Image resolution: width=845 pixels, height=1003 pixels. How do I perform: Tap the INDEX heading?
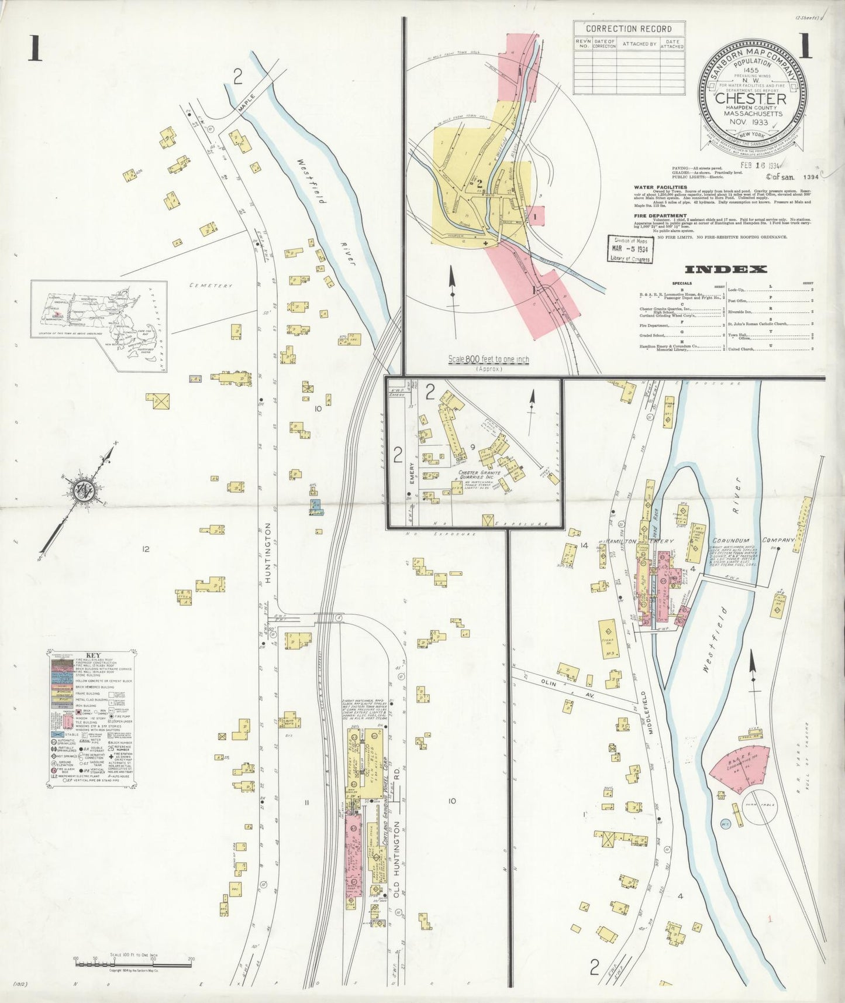[725, 269]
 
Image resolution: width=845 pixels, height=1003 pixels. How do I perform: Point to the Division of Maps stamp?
[630, 250]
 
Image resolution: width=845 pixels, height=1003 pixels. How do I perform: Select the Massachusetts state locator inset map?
[99, 325]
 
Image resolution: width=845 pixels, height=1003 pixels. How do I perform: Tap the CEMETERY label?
[211, 286]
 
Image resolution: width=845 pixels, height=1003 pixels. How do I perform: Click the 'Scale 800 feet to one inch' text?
[488, 359]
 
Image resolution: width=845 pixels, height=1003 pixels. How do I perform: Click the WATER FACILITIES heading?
[657, 187]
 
